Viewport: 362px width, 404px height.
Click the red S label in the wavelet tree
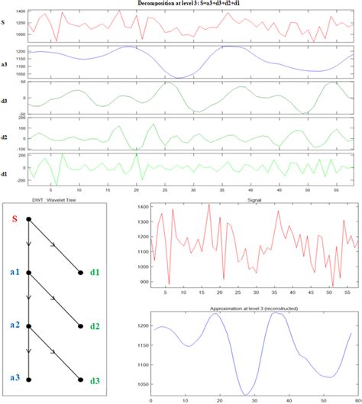(x=14, y=221)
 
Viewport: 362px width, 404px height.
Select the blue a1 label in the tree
(x=13, y=273)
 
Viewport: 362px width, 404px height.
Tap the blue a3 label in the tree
(x=13, y=377)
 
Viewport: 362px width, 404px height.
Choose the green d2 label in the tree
(x=95, y=326)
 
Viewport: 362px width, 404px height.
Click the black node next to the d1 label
(x=80, y=273)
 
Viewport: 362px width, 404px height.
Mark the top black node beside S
(x=29, y=219)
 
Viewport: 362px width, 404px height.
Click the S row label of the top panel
(x=5, y=24)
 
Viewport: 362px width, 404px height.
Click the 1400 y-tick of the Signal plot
(x=143, y=207)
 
